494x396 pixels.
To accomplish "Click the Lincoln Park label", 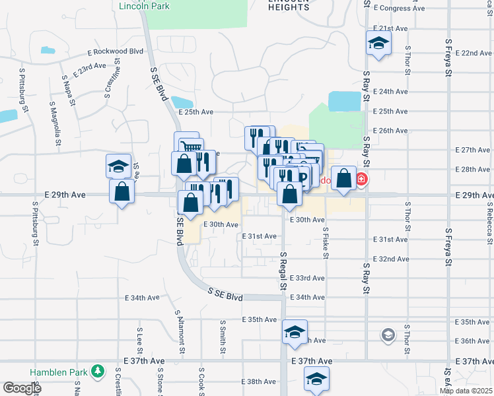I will click(144, 7).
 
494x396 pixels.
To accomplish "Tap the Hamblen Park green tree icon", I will click(98, 372).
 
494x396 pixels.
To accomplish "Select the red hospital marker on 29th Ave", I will click(361, 179).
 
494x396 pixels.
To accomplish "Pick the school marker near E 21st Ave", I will click(379, 43).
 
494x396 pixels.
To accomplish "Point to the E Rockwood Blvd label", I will click(115, 52).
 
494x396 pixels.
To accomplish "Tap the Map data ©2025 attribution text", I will click(466, 391).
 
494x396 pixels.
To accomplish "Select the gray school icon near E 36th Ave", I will click(388, 336).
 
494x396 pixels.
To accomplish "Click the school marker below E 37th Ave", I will click(316, 379).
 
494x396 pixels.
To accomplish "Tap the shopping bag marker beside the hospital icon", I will click(344, 178).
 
